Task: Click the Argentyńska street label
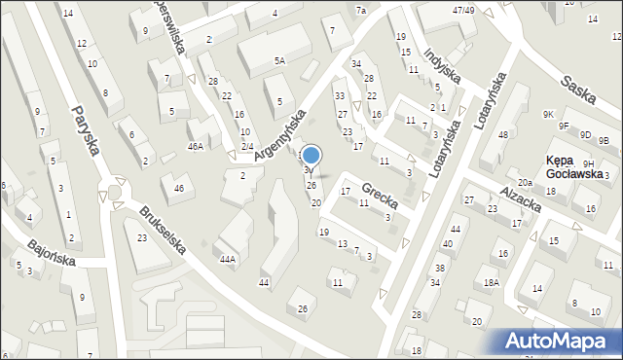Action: point(279,135)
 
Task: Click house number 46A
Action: point(196,146)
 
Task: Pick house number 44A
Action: point(228,259)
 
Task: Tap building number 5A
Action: point(279,60)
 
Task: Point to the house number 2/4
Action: point(247,146)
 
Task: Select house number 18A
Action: point(492,282)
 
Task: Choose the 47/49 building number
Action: point(462,10)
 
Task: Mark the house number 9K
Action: point(549,114)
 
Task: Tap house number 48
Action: point(502,134)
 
